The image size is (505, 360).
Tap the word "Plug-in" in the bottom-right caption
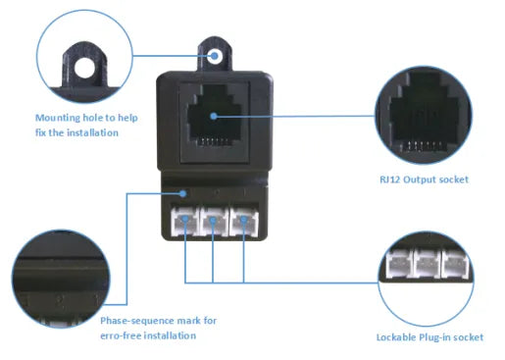(441, 337)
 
